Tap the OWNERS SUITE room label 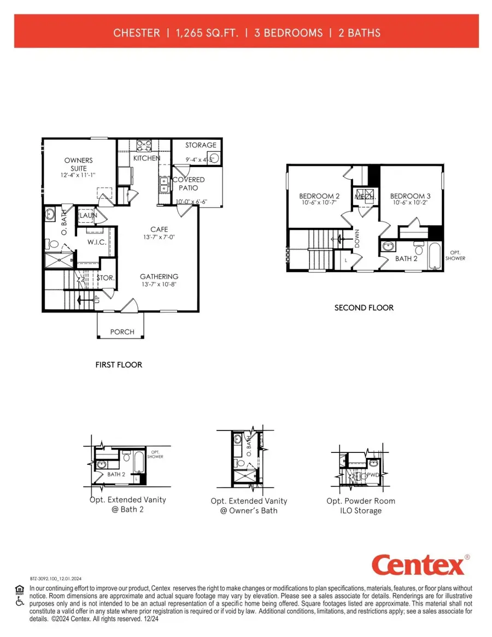pyautogui.click(x=79, y=164)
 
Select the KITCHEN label pyautogui.click(x=147, y=158)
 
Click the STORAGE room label pyautogui.click(x=201, y=145)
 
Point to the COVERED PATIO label pyautogui.click(x=189, y=184)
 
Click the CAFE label pyautogui.click(x=159, y=229)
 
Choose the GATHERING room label pyautogui.click(x=159, y=276)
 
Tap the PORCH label pyautogui.click(x=122, y=332)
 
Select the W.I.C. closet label pyautogui.click(x=96, y=242)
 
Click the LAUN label pyautogui.click(x=88, y=216)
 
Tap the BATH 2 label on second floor pyautogui.click(x=406, y=258)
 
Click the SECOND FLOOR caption pyautogui.click(x=364, y=308)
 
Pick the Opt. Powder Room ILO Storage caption pyautogui.click(x=361, y=505)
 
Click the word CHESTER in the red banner pyautogui.click(x=137, y=33)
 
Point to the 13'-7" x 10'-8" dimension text pyautogui.click(x=159, y=284)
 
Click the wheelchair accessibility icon pyautogui.click(x=20, y=601)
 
